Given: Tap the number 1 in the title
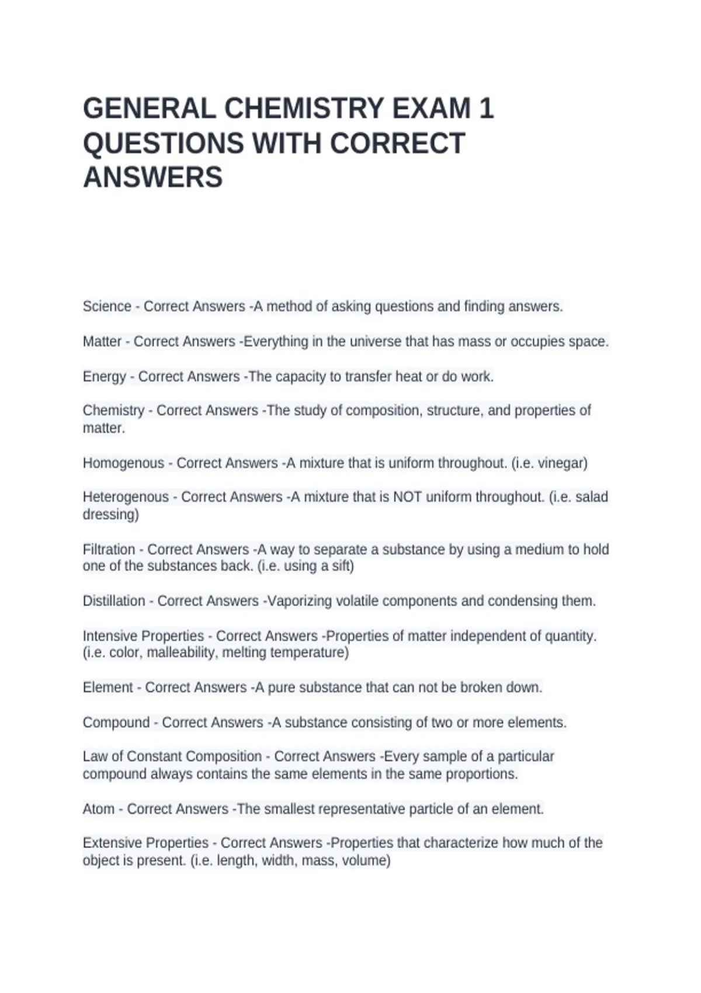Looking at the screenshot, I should (486, 109).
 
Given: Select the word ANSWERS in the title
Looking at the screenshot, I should (153, 178).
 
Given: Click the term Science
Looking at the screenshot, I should (107, 307).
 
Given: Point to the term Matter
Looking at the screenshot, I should (102, 342).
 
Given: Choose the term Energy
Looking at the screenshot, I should (104, 377).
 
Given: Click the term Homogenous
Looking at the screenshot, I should (123, 463).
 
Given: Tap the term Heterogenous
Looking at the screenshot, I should (126, 497).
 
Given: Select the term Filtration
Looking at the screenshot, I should (109, 550).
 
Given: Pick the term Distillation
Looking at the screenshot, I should (114, 601).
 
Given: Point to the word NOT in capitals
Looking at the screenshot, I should (407, 497).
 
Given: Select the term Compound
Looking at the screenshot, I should (116, 723).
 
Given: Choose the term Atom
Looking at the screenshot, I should (99, 809).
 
